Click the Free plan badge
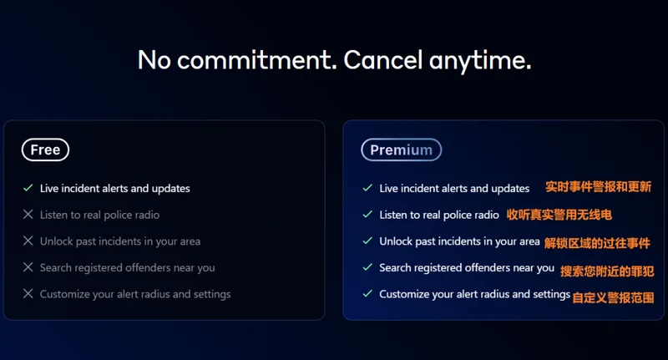[x=45, y=150]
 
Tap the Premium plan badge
[x=402, y=150]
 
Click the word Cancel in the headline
[x=383, y=59]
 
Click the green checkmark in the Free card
[x=28, y=188]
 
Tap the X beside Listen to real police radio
[x=28, y=215]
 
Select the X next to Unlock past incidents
[x=28, y=241]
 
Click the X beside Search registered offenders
[x=28, y=267]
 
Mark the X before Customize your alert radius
[x=28, y=293]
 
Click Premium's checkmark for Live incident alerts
[x=367, y=188]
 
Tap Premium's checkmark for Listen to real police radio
[x=367, y=215]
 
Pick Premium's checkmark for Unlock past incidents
[x=367, y=241]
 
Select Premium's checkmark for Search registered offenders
[x=367, y=267]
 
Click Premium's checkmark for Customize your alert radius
[x=367, y=293]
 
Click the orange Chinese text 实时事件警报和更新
[x=598, y=186]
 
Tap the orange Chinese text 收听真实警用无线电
[x=559, y=215]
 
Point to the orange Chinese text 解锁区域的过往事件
[x=597, y=243]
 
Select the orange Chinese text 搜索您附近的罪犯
[x=607, y=271]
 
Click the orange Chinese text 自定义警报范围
[x=613, y=297]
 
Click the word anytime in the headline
[x=480, y=60]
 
